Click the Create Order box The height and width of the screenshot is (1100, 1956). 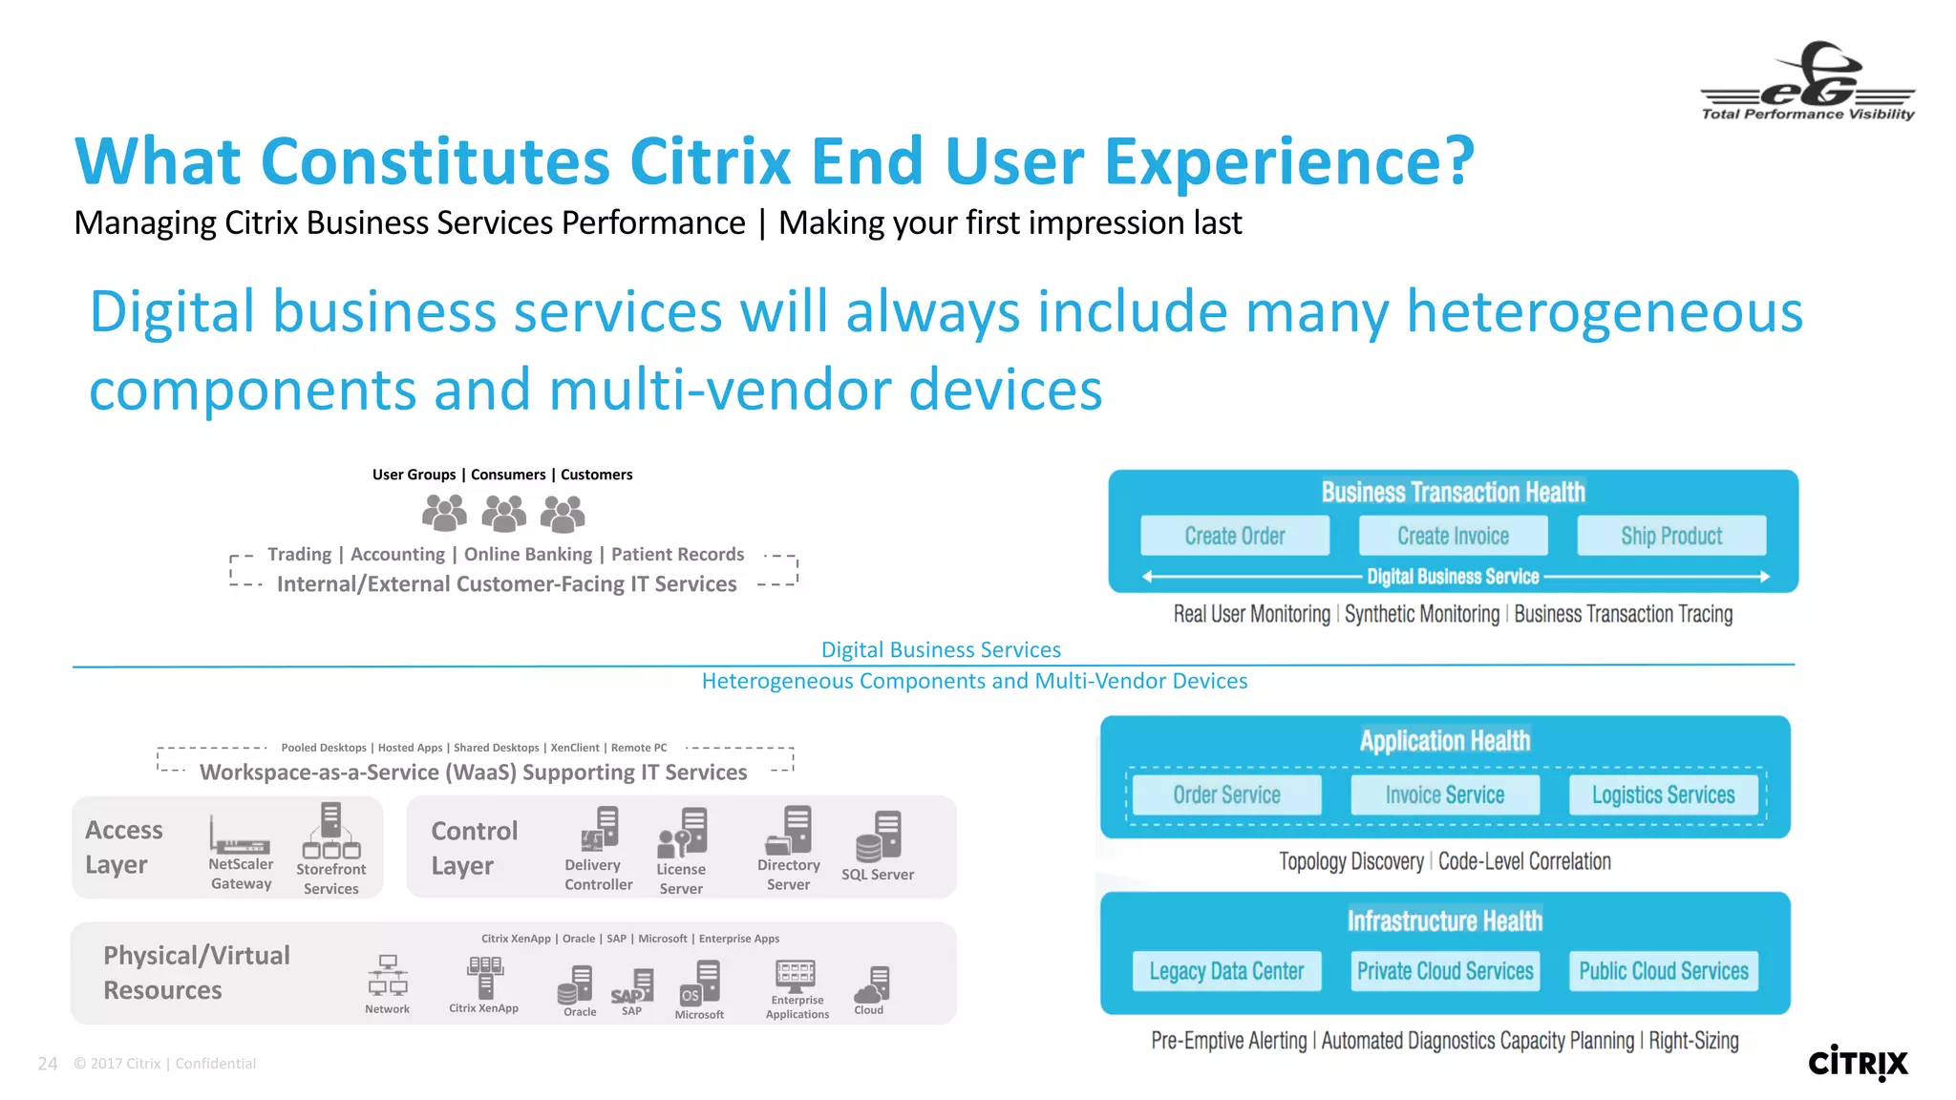[1234, 536]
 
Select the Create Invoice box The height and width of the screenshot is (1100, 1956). [1453, 536]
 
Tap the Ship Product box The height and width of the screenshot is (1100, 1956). [1671, 536]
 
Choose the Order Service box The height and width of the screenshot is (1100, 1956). [1226, 794]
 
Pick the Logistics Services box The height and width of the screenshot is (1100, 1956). [1663, 794]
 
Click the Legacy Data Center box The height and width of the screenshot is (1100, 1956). [1226, 971]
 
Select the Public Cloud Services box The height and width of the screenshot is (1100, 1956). [1663, 971]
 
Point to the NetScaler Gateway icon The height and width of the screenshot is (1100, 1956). [240, 836]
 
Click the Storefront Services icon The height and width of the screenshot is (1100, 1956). [331, 830]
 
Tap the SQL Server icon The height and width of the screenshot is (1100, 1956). [879, 836]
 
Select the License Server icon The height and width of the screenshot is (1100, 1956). [682, 833]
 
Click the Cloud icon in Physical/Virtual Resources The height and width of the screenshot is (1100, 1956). [872, 984]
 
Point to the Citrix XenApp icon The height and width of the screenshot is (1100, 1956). [485, 977]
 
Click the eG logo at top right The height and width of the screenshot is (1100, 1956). [1808, 81]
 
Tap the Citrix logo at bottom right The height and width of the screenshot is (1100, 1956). [1858, 1063]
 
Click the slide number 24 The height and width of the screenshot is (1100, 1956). [48, 1064]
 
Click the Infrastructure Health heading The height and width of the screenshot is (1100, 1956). [1444, 920]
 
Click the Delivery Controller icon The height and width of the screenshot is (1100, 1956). [600, 829]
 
